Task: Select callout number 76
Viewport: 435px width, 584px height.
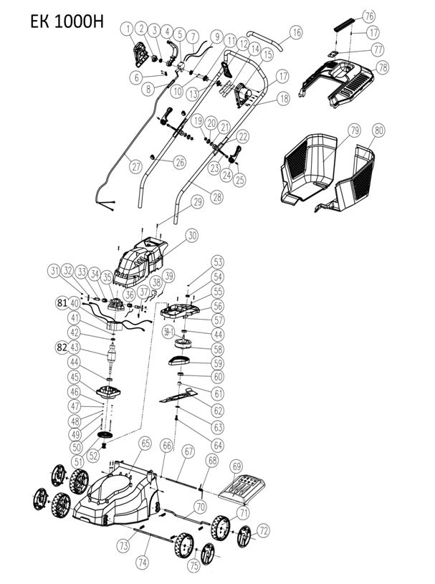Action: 369,16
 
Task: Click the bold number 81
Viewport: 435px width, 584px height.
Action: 63,302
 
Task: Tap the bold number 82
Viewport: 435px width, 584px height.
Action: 63,346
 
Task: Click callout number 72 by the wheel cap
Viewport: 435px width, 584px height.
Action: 263,531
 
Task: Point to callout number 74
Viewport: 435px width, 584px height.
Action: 144,562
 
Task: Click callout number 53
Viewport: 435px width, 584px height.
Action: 218,262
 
